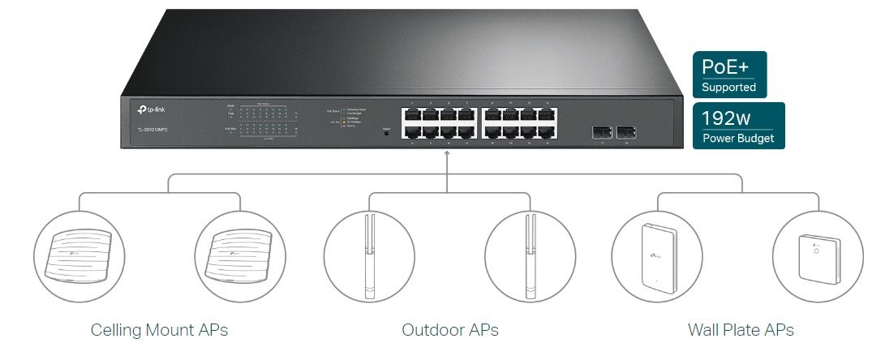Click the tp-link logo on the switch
click(147, 108)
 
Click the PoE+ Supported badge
click(728, 75)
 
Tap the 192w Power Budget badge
click(738, 126)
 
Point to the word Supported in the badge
click(728, 87)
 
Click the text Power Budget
click(738, 139)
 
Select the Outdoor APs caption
click(449, 330)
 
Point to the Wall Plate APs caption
click(740, 330)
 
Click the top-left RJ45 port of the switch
click(410, 116)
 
